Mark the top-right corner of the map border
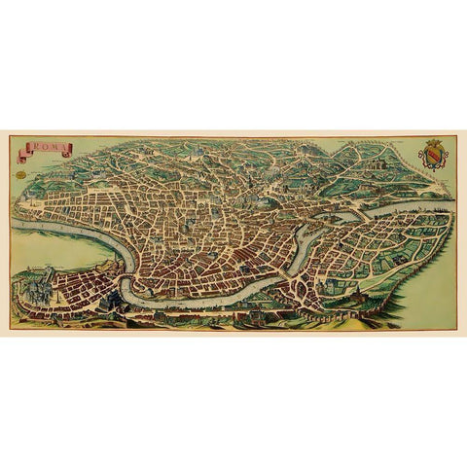[x=456, y=136]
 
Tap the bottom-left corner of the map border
[x=10, y=328]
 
